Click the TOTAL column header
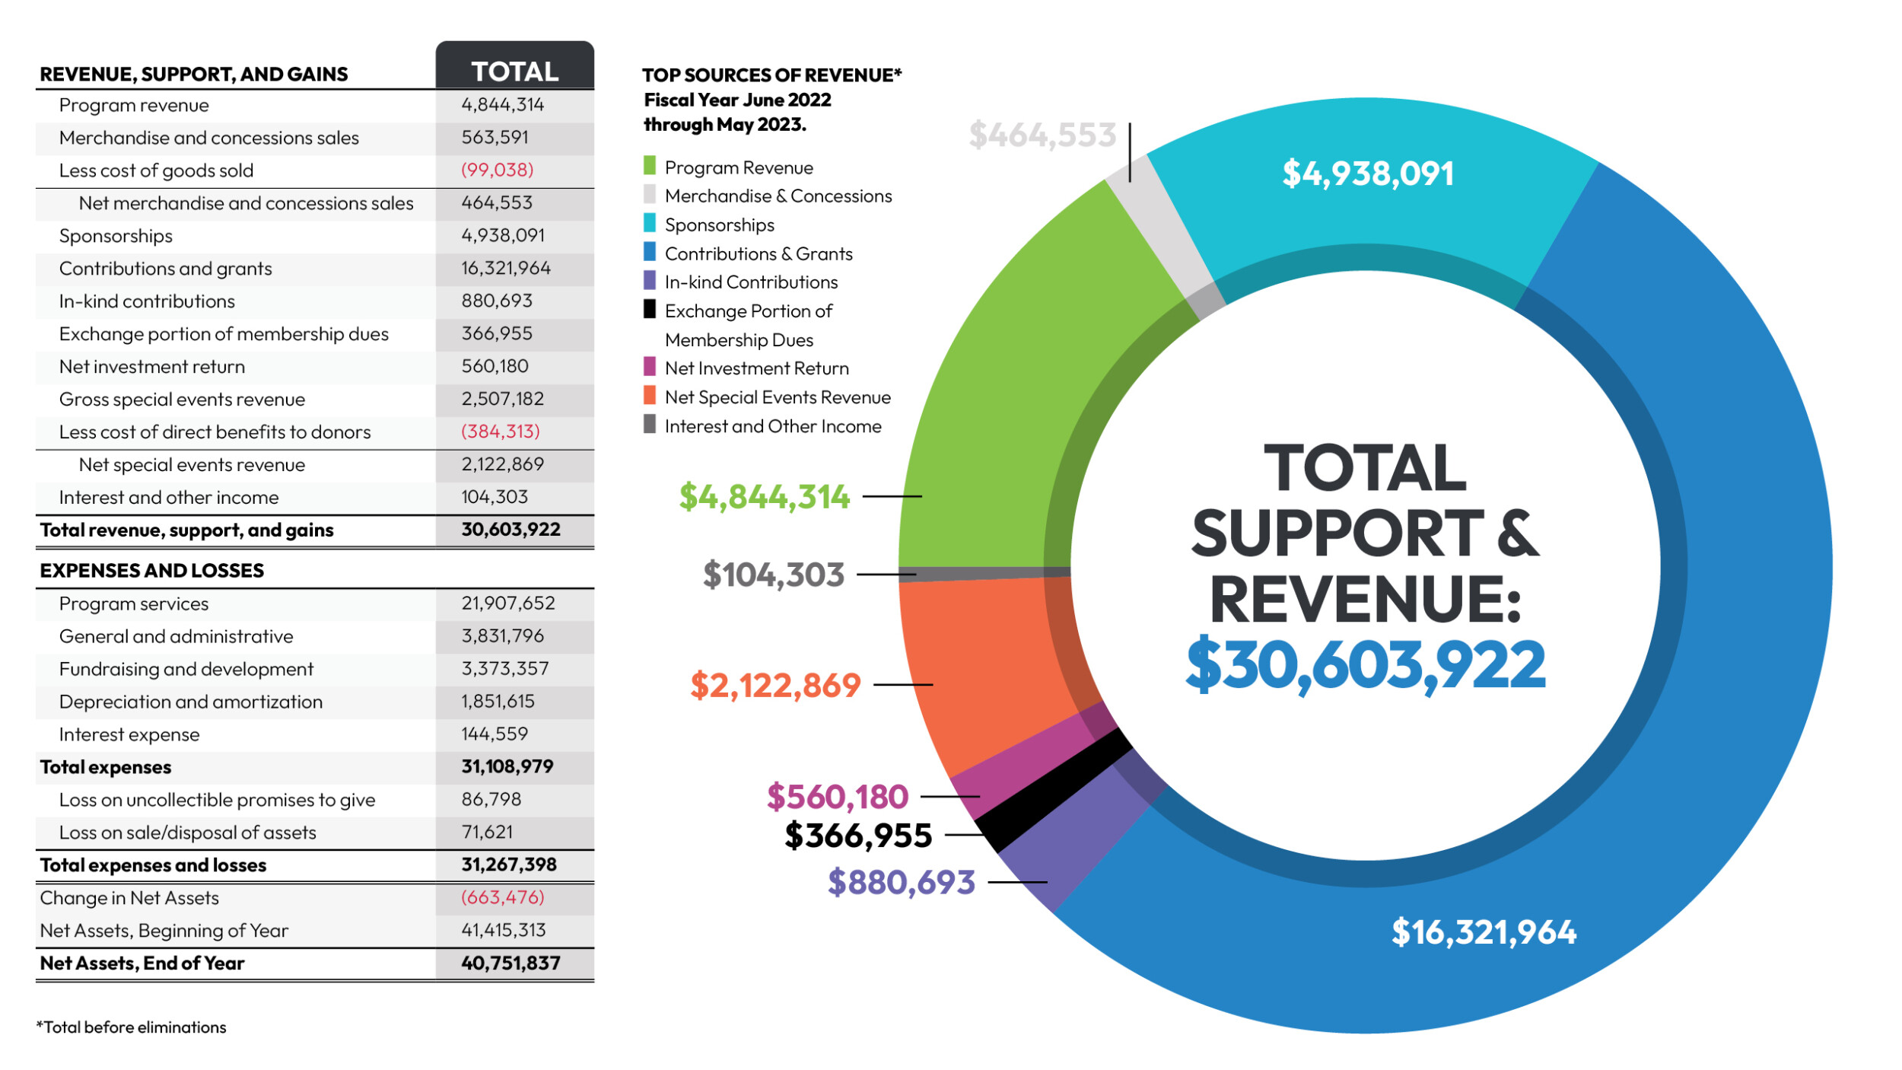[x=515, y=71]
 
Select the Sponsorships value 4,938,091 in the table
[x=503, y=235]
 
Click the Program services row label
[x=134, y=603]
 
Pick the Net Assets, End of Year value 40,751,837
[x=510, y=963]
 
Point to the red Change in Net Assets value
[x=502, y=897]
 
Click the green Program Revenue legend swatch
[x=650, y=166]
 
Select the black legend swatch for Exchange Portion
[x=650, y=309]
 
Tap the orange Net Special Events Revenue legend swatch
[x=650, y=396]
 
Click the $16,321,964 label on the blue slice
[x=1484, y=931]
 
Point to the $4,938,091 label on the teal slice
[x=1368, y=174]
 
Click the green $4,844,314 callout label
[x=764, y=496]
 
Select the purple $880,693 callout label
[x=901, y=882]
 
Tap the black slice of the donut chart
[x=1054, y=791]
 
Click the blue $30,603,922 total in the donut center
[x=1366, y=664]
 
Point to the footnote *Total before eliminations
[x=132, y=1027]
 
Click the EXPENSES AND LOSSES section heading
[x=152, y=570]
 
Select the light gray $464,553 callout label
[x=1042, y=135]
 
